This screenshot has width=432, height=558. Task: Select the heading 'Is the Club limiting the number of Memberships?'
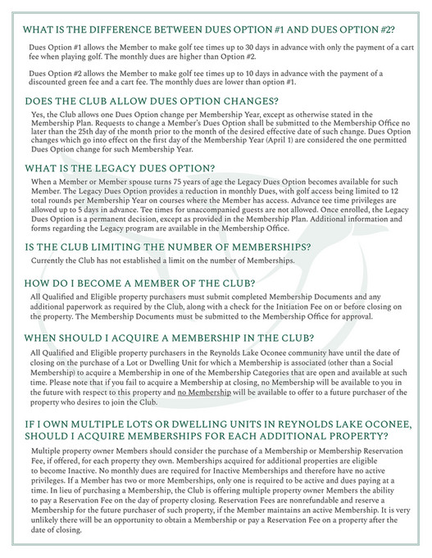tap(168, 245)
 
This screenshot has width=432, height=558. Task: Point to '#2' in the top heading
tap(384, 29)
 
